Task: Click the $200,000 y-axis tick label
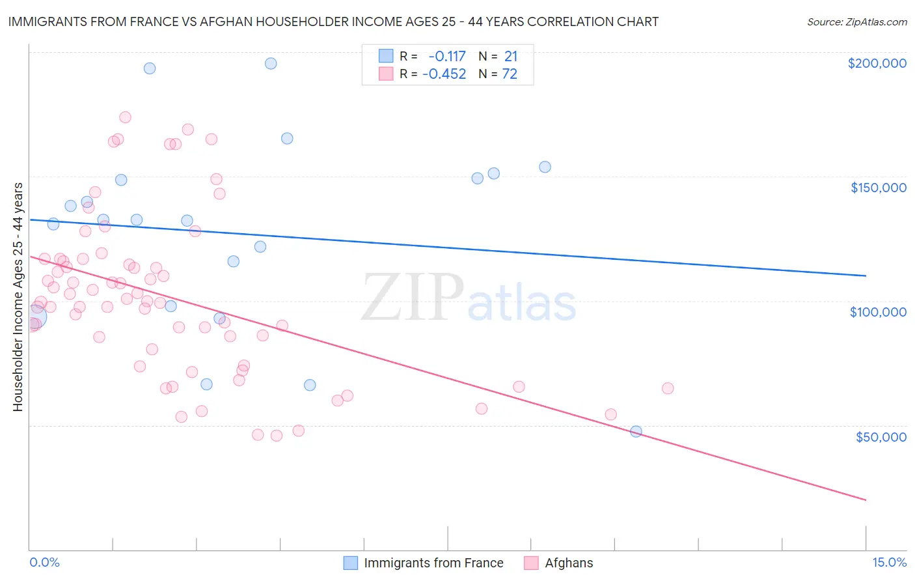coord(877,63)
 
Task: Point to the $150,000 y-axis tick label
coord(878,188)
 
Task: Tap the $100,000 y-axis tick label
coord(878,312)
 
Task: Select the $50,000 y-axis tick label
coord(881,437)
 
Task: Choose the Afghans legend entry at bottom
coord(569,563)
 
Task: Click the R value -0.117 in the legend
coord(447,57)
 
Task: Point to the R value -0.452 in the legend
coord(444,74)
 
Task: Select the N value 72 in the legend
coord(510,74)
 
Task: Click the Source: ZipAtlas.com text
coord(856,22)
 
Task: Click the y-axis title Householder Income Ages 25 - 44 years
coord(18,297)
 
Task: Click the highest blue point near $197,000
coord(271,63)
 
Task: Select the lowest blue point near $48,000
coord(636,431)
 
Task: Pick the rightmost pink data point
coord(667,388)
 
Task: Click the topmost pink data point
coord(125,117)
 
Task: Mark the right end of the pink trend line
coord(866,500)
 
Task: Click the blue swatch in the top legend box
coord(386,57)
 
